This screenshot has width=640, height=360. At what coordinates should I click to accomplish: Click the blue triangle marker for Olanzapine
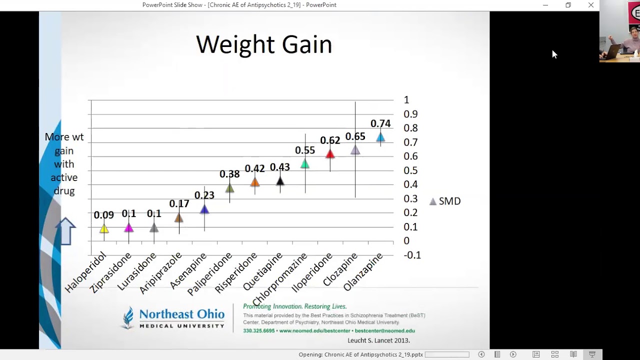(x=380, y=137)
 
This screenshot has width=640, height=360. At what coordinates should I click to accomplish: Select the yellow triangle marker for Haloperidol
(x=104, y=228)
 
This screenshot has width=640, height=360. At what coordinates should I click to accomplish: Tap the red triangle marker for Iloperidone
(x=330, y=154)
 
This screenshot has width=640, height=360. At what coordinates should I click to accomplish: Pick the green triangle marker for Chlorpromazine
(x=305, y=164)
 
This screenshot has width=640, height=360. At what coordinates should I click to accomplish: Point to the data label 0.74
(x=380, y=123)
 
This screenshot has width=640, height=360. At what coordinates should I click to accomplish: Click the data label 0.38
(x=229, y=173)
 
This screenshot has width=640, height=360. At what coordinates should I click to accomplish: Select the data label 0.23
(x=204, y=195)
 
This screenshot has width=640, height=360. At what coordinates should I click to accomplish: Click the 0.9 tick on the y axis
(x=410, y=114)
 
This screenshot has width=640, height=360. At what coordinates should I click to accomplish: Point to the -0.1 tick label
(x=412, y=255)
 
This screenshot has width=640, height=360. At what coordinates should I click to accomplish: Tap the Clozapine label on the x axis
(x=340, y=269)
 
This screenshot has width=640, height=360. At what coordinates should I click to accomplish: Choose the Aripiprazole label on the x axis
(x=160, y=273)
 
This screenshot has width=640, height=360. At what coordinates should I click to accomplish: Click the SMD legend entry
(x=445, y=201)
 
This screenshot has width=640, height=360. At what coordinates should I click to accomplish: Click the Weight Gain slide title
(x=264, y=44)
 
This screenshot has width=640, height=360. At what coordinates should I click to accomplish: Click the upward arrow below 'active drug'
(x=65, y=231)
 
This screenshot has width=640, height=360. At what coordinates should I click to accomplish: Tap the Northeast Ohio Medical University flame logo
(x=127, y=317)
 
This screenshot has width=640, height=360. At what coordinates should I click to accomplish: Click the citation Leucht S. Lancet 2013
(x=378, y=340)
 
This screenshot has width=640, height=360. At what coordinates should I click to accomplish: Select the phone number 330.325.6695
(x=258, y=331)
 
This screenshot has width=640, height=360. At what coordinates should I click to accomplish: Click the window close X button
(x=591, y=5)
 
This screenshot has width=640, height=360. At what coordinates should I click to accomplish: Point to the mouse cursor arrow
(x=554, y=54)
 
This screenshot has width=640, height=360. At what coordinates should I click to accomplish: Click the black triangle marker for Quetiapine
(x=280, y=181)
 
